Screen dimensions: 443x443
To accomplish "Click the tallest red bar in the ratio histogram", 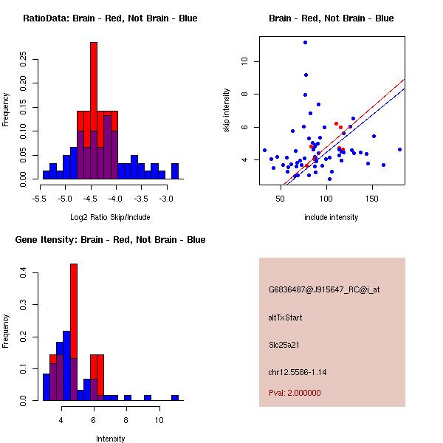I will pos(94,111).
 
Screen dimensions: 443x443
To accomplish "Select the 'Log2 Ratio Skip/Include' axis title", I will pos(109,218).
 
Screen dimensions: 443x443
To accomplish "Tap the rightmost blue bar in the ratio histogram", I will pos(175,171).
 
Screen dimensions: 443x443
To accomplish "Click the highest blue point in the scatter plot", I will pos(305,42).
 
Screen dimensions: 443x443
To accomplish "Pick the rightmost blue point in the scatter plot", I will pos(399,149).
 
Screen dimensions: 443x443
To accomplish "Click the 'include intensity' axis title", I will pos(331,218).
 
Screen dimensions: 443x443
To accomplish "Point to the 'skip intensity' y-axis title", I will pos(227,110).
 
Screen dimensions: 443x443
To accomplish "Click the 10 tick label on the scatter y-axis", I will pos(244,62).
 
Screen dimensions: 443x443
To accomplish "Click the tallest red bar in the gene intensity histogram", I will pos(74,332).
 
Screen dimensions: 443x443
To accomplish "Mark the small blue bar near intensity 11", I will pos(175,397).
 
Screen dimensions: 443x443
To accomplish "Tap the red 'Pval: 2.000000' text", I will pos(295,393).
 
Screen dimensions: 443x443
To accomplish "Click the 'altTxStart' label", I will pos(286,317).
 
